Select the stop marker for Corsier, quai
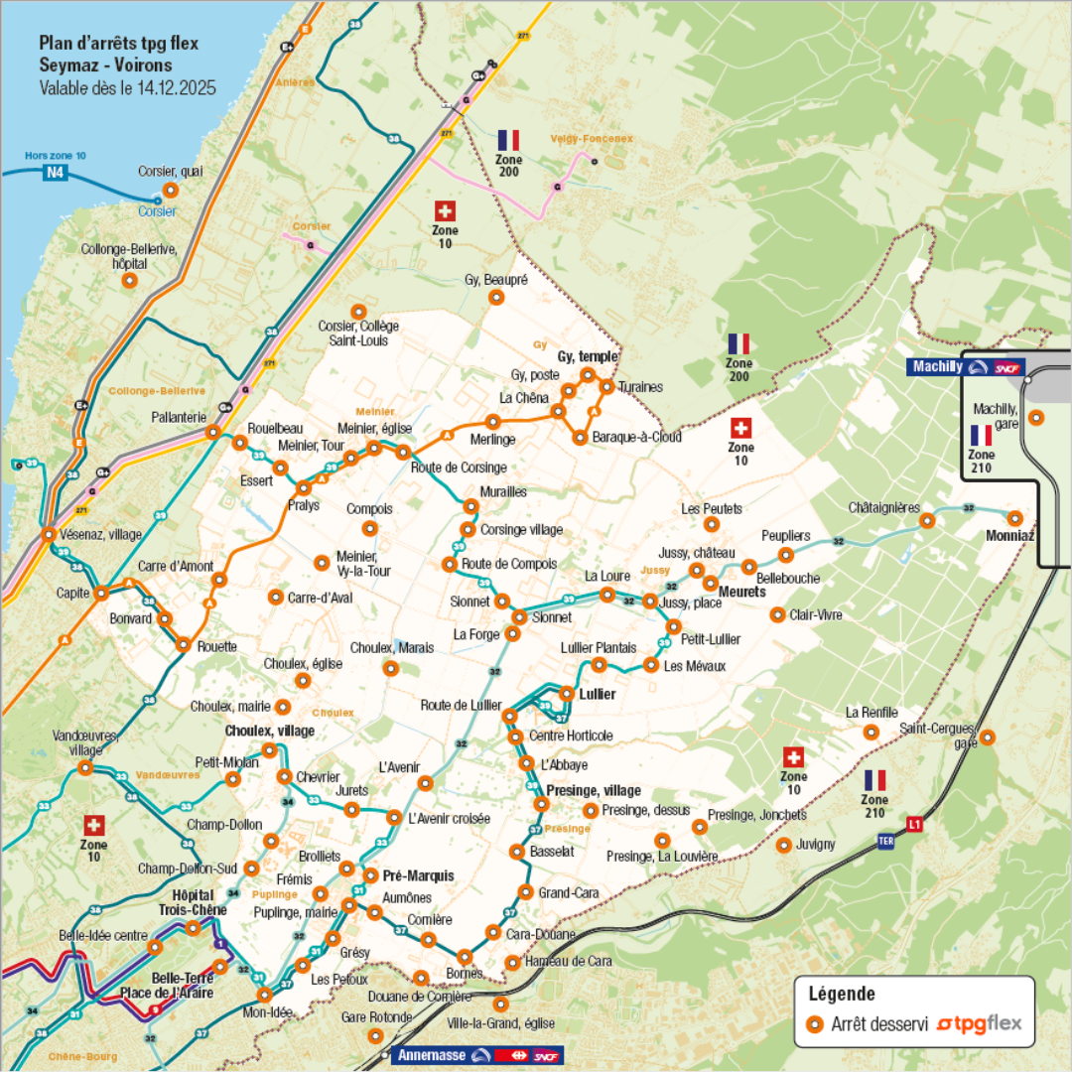(x=170, y=190)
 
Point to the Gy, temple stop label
(x=588, y=356)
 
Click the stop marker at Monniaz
(x=1013, y=518)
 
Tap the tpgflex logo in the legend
(x=979, y=1023)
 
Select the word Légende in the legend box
(x=842, y=994)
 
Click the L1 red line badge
(x=914, y=824)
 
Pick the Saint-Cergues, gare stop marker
(x=988, y=737)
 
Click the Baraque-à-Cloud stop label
(x=636, y=437)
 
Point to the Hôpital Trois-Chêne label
(x=186, y=901)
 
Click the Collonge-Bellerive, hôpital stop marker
(x=129, y=281)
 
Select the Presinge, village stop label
(x=594, y=791)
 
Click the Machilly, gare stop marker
(x=1036, y=418)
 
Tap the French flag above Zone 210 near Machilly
(x=981, y=435)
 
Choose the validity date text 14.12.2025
(x=175, y=88)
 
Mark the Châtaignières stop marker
(x=927, y=520)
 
